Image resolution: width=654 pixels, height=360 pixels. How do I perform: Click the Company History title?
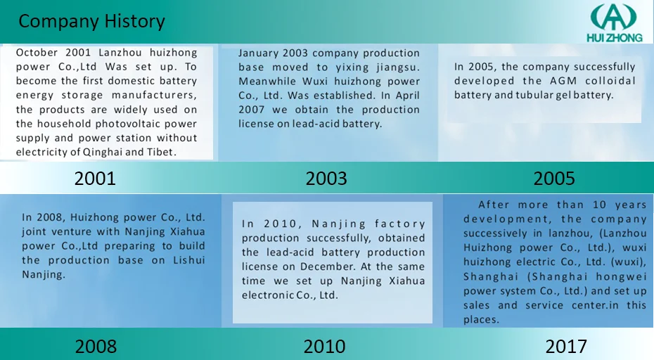point(91,22)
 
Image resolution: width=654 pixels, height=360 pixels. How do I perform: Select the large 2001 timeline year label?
point(95,179)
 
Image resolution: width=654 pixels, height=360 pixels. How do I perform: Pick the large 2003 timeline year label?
point(326,179)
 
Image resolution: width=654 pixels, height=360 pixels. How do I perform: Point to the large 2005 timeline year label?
point(554,179)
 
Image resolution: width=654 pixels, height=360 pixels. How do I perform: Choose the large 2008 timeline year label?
point(96,346)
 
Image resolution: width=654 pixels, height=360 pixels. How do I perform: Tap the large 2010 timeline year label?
point(324,346)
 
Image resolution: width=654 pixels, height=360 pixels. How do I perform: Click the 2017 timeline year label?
point(565,346)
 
